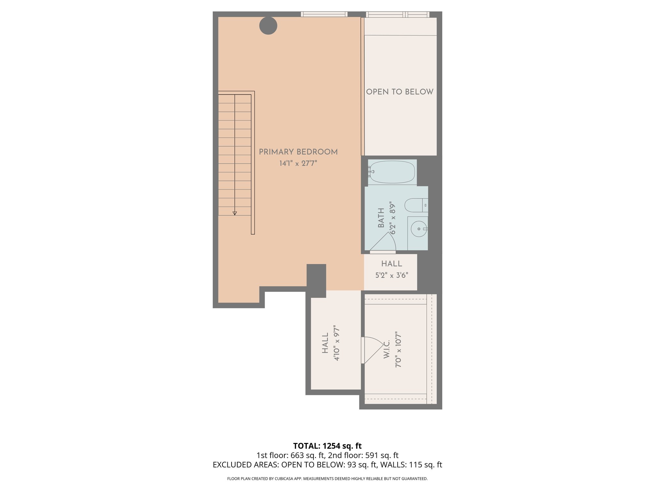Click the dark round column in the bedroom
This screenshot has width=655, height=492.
click(x=268, y=26)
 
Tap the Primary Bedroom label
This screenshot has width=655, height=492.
click(x=298, y=152)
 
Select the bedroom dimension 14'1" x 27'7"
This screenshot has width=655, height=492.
click(x=298, y=163)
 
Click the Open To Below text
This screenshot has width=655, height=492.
click(x=399, y=92)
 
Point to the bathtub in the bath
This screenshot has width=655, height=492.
click(x=392, y=172)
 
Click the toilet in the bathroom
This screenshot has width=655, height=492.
click(x=415, y=205)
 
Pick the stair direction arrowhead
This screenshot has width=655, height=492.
click(x=234, y=213)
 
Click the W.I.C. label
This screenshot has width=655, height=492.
click(x=386, y=349)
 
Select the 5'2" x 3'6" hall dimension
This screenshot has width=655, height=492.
click(x=391, y=275)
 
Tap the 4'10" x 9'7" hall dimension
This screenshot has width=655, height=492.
click(x=336, y=343)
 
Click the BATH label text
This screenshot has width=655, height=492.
click(x=381, y=218)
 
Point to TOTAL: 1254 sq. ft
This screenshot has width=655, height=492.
click(x=327, y=446)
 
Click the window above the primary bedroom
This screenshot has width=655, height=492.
click(x=324, y=14)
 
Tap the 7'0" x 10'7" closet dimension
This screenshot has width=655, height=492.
click(x=398, y=349)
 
